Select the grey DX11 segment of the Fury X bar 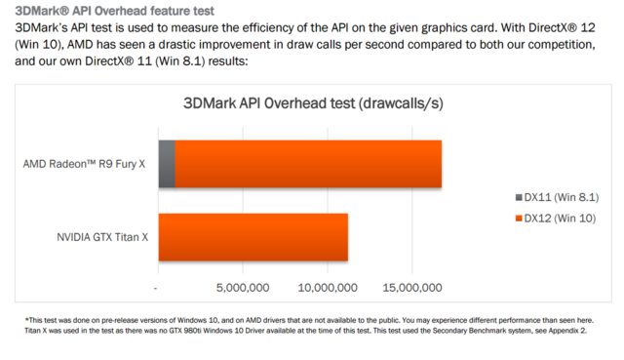tap(166, 164)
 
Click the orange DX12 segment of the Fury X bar tap(309, 164)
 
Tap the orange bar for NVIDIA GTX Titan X tap(253, 237)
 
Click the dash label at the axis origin tap(156, 288)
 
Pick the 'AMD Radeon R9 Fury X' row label tap(84, 164)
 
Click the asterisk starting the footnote tap(25, 319)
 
